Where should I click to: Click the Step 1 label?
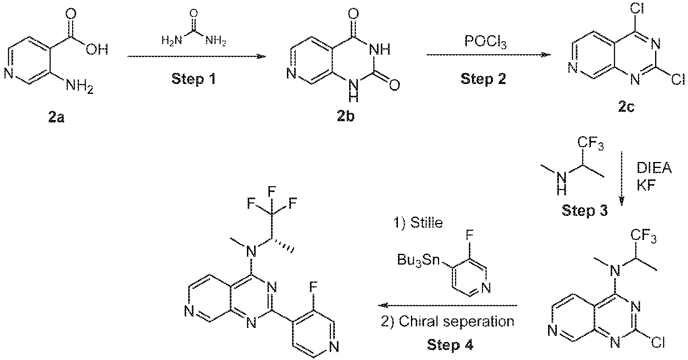(x=194, y=79)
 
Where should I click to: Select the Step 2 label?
(x=483, y=79)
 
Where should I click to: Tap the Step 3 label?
(x=584, y=211)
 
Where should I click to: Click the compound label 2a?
(x=56, y=118)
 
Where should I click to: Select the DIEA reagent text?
(x=654, y=168)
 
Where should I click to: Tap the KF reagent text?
(x=646, y=186)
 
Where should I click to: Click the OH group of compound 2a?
(x=97, y=50)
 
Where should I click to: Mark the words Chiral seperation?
(x=457, y=321)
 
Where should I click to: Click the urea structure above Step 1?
(x=194, y=27)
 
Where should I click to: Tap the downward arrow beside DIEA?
(x=621, y=179)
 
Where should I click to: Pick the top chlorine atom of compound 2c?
(x=626, y=8)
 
